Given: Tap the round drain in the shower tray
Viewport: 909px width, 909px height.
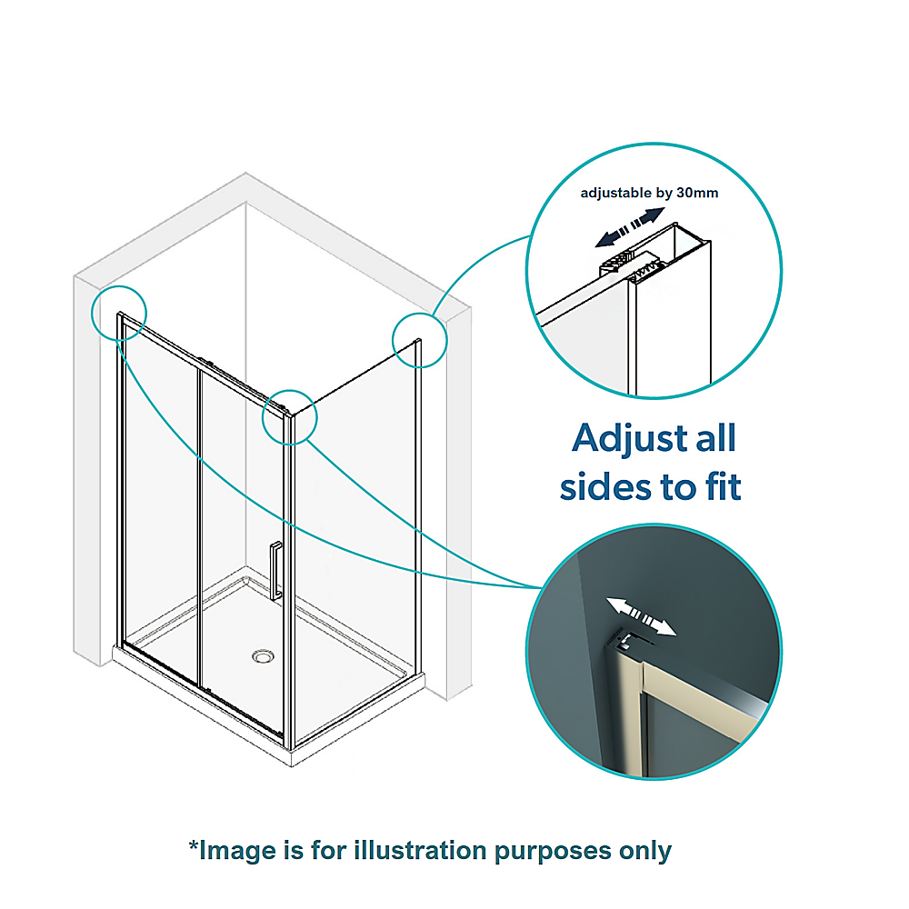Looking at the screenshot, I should coord(264,654).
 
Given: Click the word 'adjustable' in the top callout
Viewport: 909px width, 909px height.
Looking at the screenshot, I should coord(617,193).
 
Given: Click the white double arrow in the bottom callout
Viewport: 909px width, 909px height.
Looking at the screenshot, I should coord(642,617).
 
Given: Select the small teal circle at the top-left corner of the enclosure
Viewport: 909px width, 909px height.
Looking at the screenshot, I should coord(118,312).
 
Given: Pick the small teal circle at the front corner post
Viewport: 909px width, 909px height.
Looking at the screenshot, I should coord(289,417).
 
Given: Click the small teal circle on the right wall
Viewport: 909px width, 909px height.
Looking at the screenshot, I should coord(420,340).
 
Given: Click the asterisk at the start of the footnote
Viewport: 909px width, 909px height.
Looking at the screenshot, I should coord(193,847).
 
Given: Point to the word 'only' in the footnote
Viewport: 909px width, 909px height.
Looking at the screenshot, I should coord(644,851).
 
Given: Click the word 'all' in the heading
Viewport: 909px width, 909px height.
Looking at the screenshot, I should coord(713,440).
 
